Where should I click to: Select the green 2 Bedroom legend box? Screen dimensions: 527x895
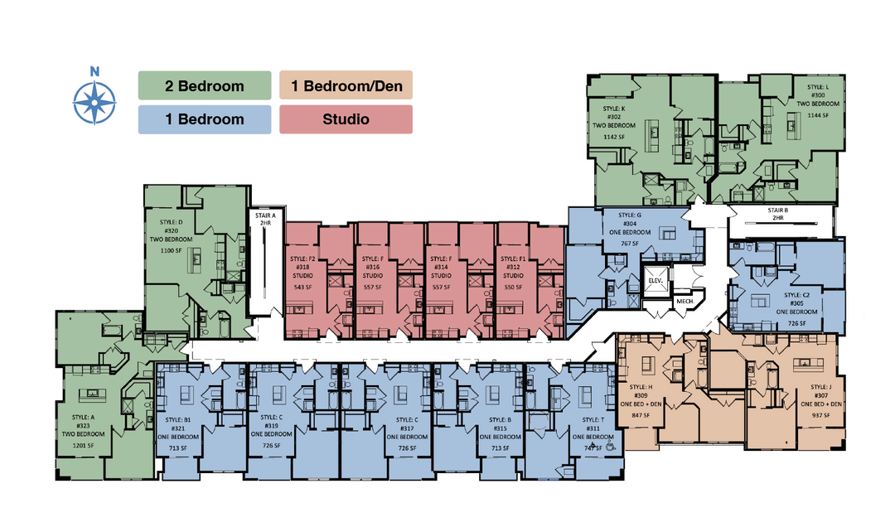click(x=205, y=85)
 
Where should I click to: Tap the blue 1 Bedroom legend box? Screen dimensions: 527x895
click(x=205, y=118)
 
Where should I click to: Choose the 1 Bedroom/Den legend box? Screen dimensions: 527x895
click(x=346, y=85)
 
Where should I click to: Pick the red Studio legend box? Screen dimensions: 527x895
click(x=346, y=118)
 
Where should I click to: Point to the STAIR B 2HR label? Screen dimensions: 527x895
click(x=777, y=214)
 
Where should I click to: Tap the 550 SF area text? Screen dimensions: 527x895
click(x=511, y=287)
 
